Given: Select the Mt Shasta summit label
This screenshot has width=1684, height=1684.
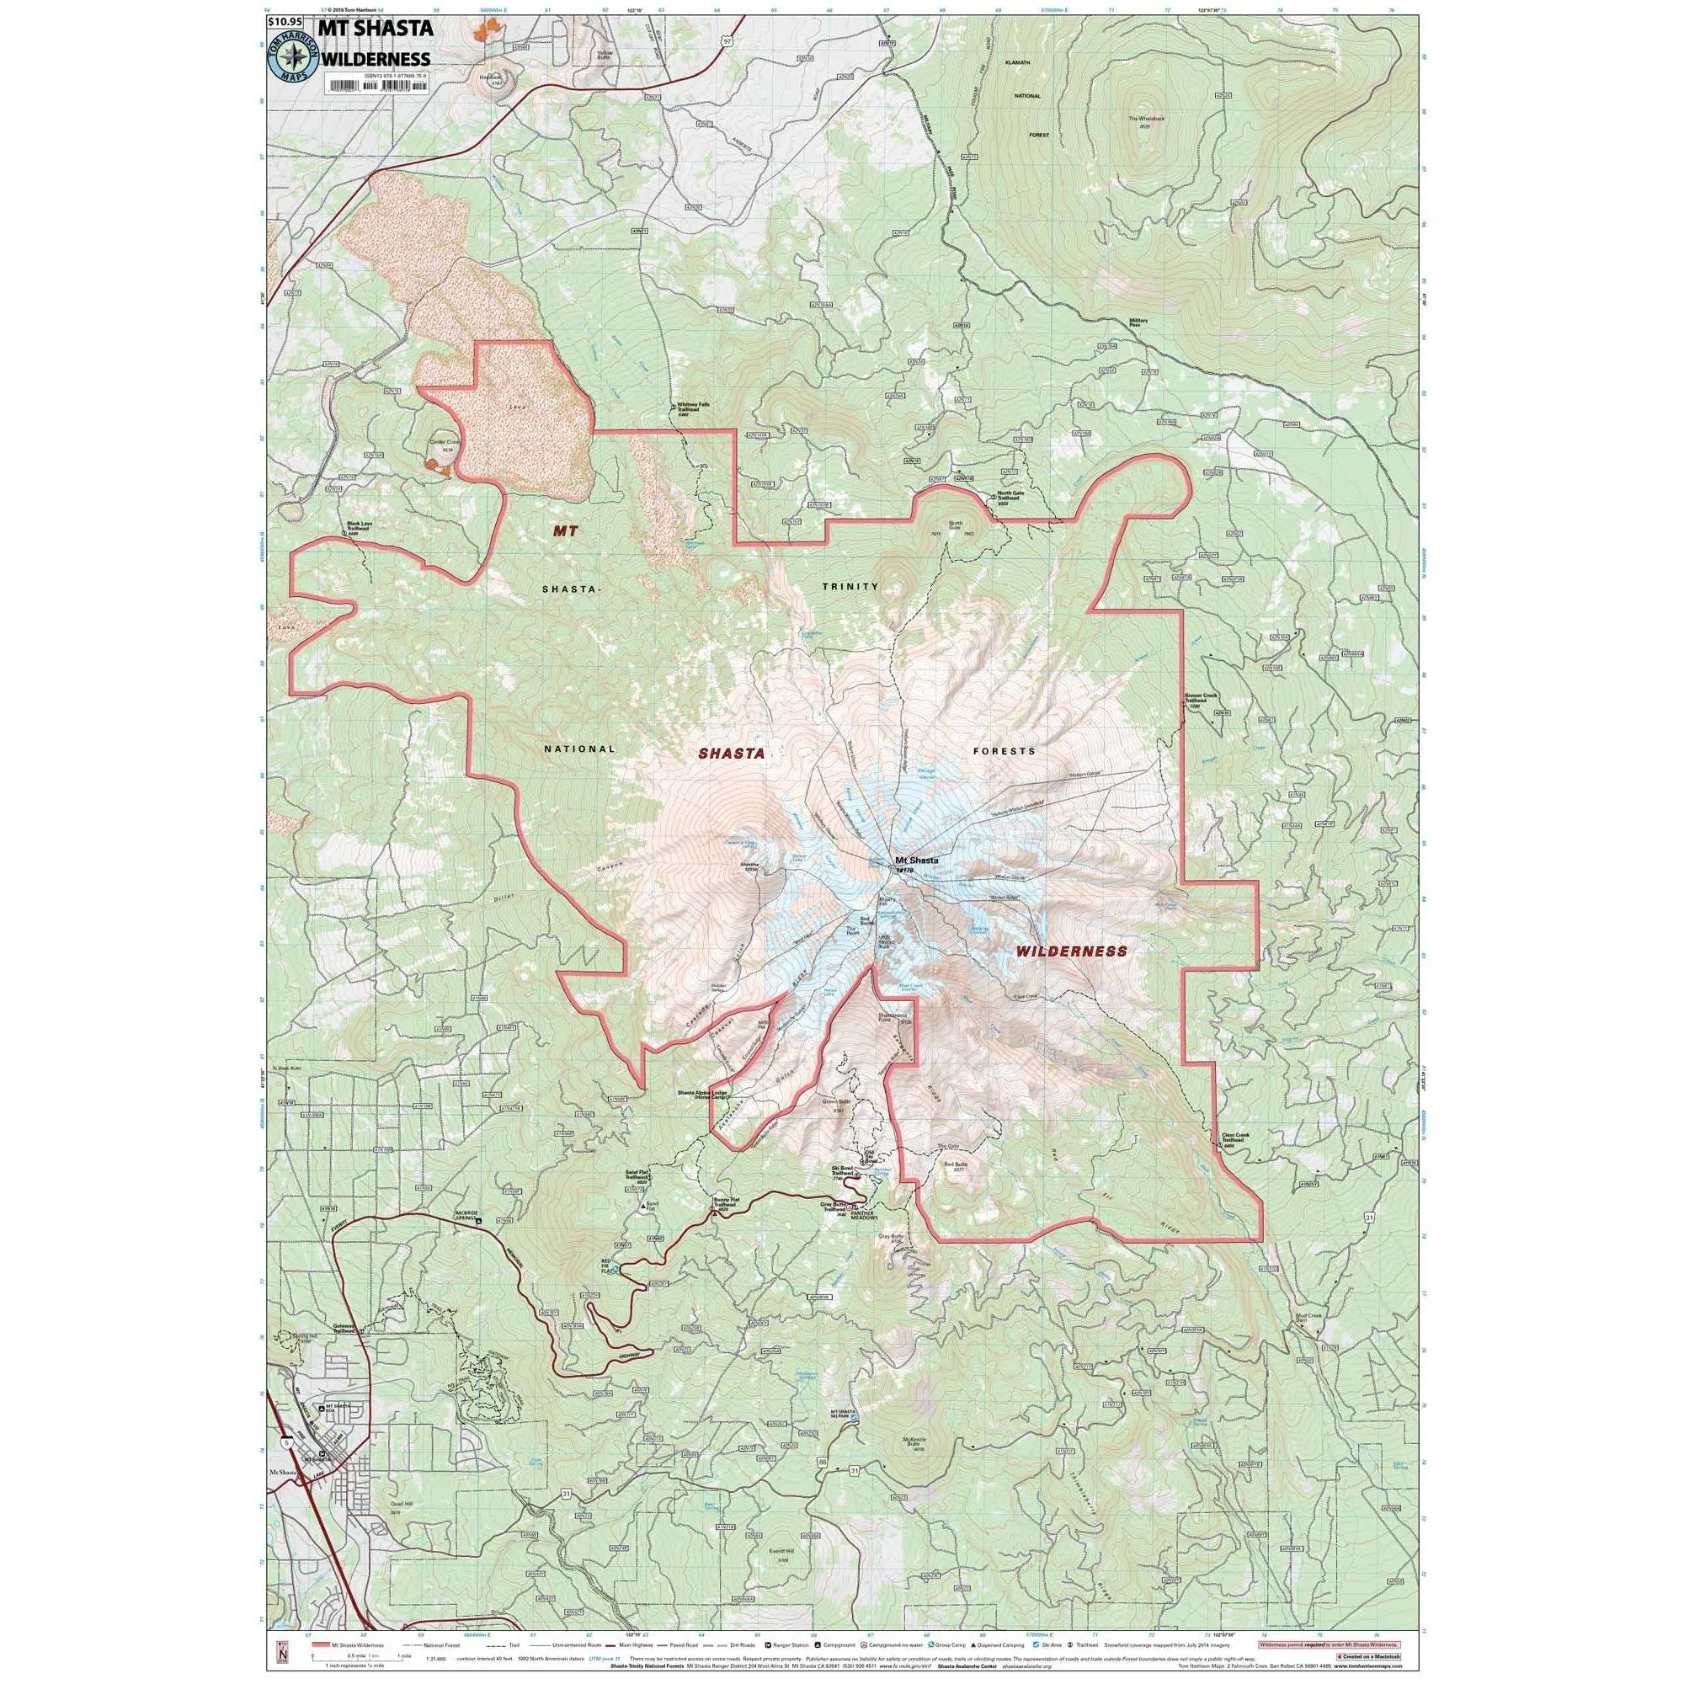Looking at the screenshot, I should pos(916,861).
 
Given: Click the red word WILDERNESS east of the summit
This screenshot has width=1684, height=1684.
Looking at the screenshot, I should pos(1072,951).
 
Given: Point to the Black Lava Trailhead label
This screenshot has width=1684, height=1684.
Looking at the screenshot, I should pos(358,527).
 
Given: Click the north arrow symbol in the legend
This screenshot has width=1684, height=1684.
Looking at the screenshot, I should pos(280,1652).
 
